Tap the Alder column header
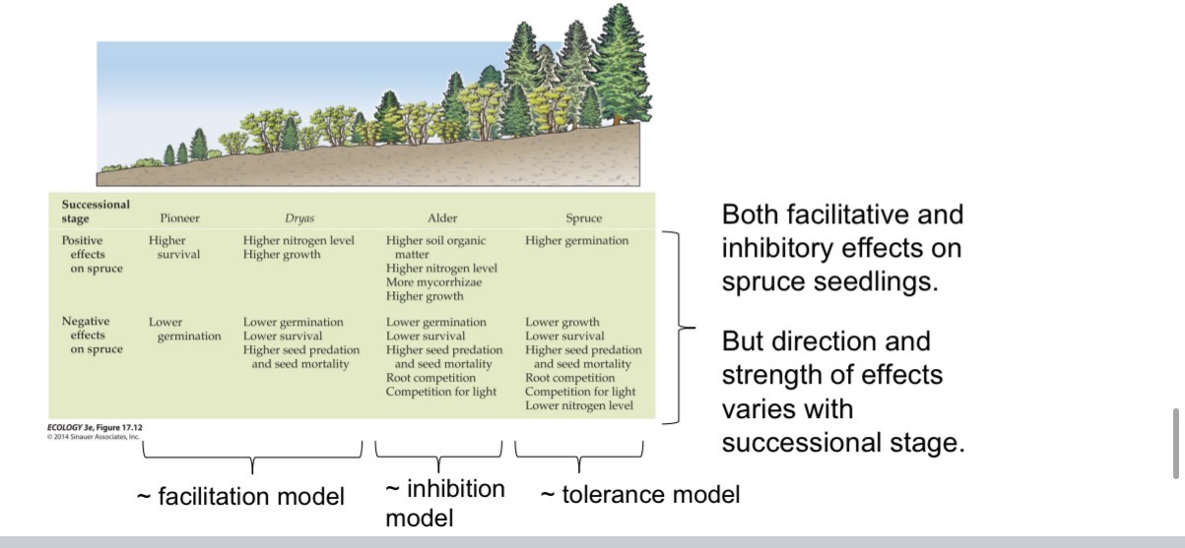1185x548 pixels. [441, 217]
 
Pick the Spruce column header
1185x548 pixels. [583, 217]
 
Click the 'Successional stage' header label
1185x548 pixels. [96, 211]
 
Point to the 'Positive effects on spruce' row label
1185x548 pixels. [93, 255]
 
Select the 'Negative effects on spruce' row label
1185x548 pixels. [93, 335]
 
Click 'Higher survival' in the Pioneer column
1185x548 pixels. [174, 247]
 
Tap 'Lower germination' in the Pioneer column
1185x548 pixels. [184, 330]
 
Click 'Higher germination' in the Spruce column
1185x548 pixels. [576, 240]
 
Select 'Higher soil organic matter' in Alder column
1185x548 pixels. [435, 247]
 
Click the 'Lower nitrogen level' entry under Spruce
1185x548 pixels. [580, 405]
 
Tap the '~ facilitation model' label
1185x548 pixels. [240, 497]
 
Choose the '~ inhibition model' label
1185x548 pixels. [443, 503]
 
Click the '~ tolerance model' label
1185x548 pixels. [640, 494]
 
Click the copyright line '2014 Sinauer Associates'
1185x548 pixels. [96, 436]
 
